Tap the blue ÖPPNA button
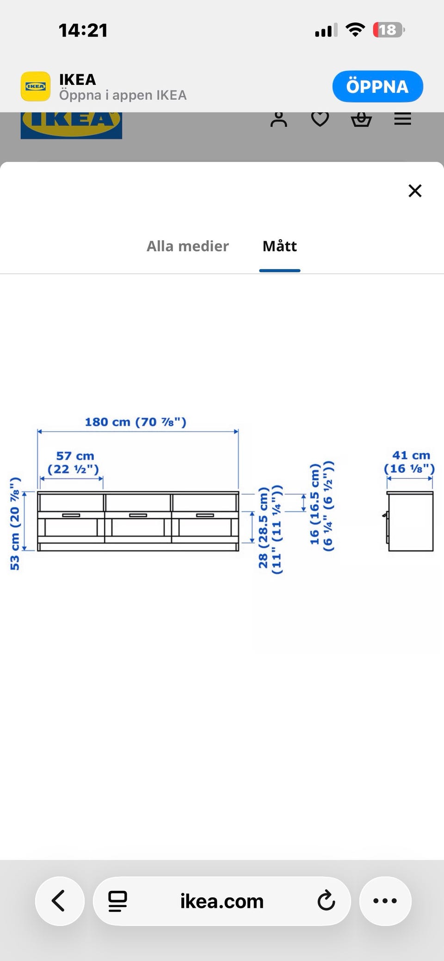pyautogui.click(x=377, y=86)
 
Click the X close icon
pyautogui.click(x=415, y=191)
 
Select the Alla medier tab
pyautogui.click(x=187, y=246)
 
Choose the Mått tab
pyautogui.click(x=280, y=246)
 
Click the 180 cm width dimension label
pyautogui.click(x=136, y=422)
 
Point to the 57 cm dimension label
pyautogui.click(x=74, y=462)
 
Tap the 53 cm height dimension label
pyautogui.click(x=15, y=524)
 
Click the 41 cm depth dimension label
pyautogui.click(x=409, y=462)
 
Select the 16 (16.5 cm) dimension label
pyautogui.click(x=321, y=506)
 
